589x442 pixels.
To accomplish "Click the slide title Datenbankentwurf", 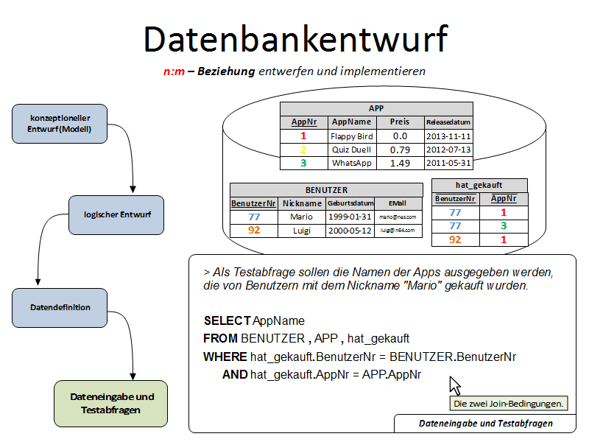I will tap(294, 39).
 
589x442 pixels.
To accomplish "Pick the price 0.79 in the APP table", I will tap(400, 150).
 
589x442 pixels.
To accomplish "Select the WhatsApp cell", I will tap(352, 163).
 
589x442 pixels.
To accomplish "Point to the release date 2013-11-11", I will tap(448, 136).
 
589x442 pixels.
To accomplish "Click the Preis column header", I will tap(400, 122).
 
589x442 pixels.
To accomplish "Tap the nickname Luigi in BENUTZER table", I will tap(301, 231).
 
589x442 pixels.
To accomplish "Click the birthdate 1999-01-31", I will tap(349, 217).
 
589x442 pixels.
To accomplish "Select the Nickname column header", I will tap(302, 203).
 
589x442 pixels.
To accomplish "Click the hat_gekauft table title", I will tap(479, 185).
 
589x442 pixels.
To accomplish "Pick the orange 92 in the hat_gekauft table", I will tap(455, 239).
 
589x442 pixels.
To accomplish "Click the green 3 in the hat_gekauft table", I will tap(504, 226).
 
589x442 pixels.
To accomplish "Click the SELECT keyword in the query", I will tap(227, 321).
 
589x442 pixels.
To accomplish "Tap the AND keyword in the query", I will tap(235, 375).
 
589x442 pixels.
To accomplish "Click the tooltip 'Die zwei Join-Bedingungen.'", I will tap(508, 404).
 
